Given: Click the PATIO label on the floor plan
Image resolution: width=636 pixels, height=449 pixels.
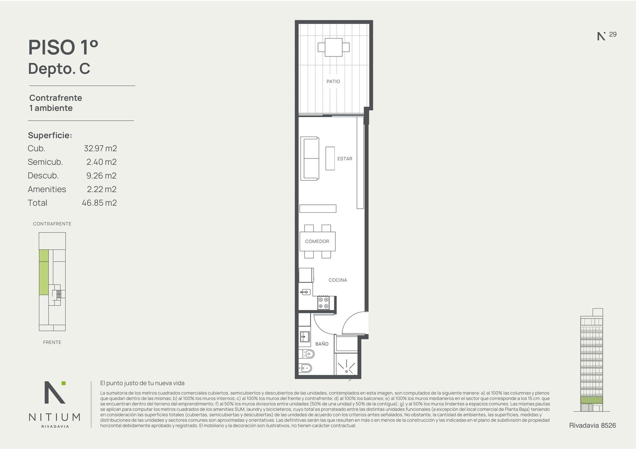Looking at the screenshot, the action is pos(333,82).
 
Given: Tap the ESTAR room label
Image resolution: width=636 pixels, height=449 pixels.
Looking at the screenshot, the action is pos(345,159).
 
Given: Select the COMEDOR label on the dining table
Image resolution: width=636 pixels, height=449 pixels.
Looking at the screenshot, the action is pos(317,241).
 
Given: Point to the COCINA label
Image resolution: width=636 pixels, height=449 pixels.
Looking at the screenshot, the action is pos(337,280).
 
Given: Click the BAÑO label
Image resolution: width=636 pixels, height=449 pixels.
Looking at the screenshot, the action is pos(322,344).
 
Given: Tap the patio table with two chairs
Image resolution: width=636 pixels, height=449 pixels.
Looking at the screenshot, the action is pos(334,47).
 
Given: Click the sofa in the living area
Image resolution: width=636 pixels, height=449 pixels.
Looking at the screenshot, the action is pos(310,158).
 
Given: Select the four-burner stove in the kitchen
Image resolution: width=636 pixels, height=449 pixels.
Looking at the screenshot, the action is pos(324,303).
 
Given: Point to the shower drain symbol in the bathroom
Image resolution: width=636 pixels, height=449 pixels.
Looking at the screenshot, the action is pos(346,371).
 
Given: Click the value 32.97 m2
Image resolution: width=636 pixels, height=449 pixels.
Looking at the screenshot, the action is pos(100,148).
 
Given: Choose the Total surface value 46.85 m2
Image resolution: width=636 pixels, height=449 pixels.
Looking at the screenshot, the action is pos(99,203).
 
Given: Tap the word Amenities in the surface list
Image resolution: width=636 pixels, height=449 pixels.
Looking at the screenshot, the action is pos(47,189).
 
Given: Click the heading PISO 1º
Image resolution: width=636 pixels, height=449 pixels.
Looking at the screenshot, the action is pos(63,47).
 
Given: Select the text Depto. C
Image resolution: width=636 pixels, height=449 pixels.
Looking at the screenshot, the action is pos(59,69).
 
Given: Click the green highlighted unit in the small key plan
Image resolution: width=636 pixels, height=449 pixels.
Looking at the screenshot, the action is pos(43,272).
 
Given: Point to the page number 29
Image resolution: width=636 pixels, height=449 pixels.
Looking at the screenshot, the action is pos(613,34).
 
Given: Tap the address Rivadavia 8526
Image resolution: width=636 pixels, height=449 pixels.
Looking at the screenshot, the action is pos(592,426).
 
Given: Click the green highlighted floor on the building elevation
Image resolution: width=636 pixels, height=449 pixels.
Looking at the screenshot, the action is pos(591,400).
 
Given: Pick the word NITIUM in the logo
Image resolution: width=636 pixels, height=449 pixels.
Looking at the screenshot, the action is pos(54,417).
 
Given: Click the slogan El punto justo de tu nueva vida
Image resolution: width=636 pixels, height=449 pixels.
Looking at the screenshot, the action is pos(142,383).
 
